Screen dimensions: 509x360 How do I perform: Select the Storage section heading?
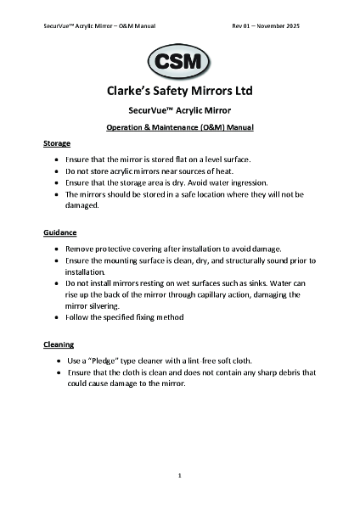(57, 143)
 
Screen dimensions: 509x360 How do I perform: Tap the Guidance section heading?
(60, 232)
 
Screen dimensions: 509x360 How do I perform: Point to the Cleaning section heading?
(59, 345)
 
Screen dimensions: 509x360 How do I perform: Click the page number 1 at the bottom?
(180, 476)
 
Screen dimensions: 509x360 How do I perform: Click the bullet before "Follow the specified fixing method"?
(57, 316)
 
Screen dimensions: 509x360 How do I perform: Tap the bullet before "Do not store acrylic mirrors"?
(57, 171)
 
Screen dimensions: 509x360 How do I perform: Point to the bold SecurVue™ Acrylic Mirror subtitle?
(180, 110)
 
